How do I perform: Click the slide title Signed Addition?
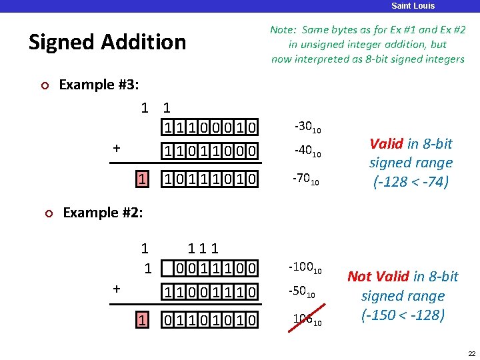[x=107, y=42]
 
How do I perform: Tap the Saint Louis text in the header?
[x=413, y=6]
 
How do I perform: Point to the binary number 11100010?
[x=210, y=127]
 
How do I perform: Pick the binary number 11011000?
[x=210, y=151]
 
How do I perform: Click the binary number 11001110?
[x=210, y=291]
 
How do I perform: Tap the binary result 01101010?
[x=210, y=321]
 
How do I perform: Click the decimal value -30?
[x=308, y=127]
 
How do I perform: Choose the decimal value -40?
[x=308, y=153]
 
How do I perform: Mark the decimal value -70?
[x=308, y=181]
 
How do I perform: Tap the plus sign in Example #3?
[x=117, y=149]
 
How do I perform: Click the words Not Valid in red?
[x=378, y=277]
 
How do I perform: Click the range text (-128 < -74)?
[x=411, y=181]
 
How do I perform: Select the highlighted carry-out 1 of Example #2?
[x=142, y=320]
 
